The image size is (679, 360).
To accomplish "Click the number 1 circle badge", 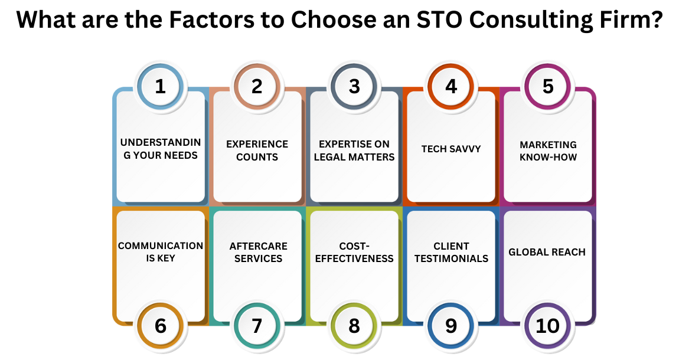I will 160,86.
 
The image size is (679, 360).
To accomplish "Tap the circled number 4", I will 451,86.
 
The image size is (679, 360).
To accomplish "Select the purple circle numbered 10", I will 548,326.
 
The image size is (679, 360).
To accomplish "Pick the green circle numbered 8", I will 354,326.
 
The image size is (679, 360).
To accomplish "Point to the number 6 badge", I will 160,326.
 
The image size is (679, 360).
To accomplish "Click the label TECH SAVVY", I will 451,149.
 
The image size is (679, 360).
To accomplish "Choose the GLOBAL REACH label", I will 547,252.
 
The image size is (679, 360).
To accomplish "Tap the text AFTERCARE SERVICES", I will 257,252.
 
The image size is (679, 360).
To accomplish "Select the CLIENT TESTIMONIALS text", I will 451,252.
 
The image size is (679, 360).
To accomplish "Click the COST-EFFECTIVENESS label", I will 354,252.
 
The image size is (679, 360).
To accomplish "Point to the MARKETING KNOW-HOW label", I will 548,150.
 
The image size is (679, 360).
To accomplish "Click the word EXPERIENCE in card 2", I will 257,144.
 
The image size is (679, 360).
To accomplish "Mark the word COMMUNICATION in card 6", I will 161,246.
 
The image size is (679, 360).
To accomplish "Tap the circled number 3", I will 354,86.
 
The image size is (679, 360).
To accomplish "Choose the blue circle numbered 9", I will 451,326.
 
